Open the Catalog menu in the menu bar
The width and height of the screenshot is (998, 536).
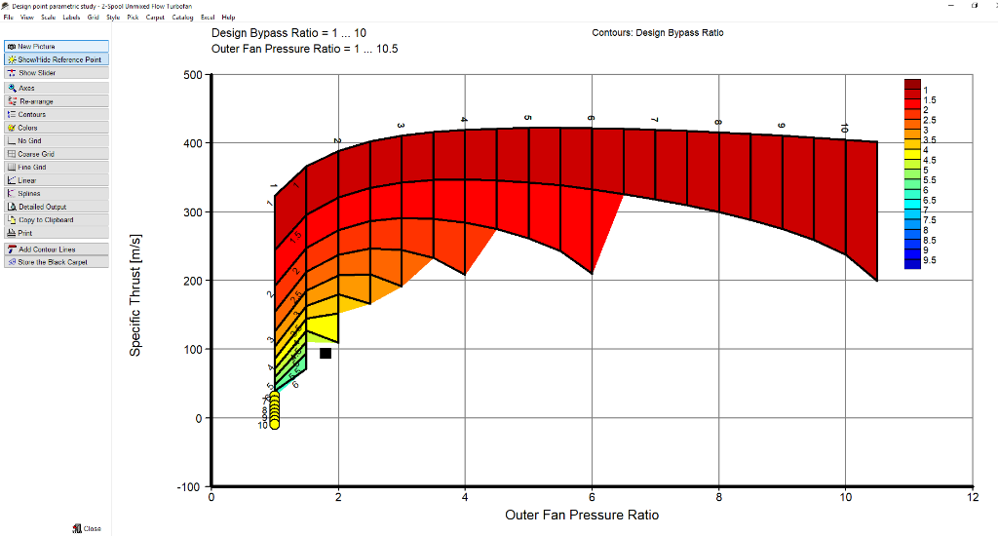(x=182, y=18)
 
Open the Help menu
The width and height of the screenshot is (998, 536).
(x=228, y=18)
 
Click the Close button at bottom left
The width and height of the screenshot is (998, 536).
(x=87, y=528)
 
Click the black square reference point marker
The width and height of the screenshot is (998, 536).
(x=326, y=353)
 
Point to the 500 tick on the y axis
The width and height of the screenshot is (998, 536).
(x=192, y=75)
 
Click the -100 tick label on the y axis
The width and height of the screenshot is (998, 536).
(x=189, y=487)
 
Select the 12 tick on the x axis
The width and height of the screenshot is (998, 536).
(x=972, y=497)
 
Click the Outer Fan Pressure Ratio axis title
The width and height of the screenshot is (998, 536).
(x=581, y=515)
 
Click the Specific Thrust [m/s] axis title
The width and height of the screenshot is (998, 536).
(x=136, y=295)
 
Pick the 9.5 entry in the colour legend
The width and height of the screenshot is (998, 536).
(x=930, y=260)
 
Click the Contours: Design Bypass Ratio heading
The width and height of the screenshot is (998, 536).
(x=657, y=33)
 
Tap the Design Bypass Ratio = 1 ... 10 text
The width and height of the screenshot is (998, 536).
(x=288, y=33)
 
